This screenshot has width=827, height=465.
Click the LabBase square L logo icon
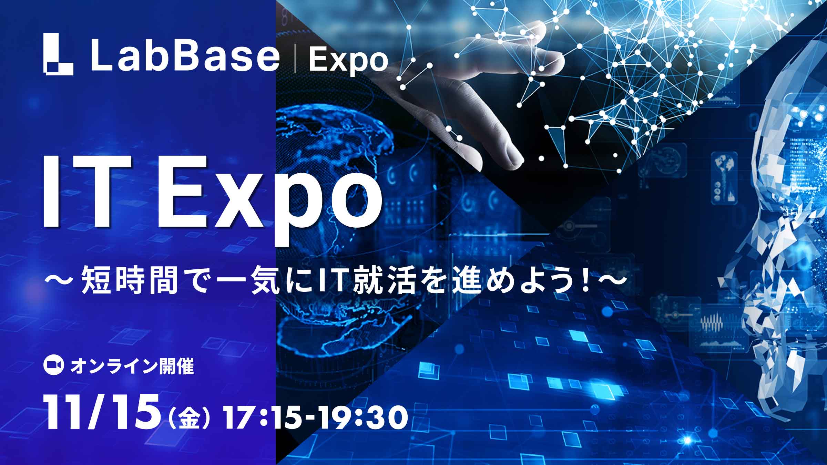tap(58, 54)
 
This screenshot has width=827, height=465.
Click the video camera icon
tap(53, 367)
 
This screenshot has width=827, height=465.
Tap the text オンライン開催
tap(132, 367)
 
